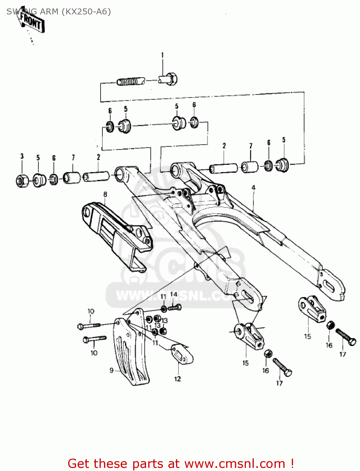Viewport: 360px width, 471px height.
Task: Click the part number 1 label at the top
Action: pyautogui.click(x=162, y=55)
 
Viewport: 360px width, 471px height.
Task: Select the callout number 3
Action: pyautogui.click(x=22, y=156)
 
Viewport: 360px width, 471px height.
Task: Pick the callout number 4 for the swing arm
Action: pyautogui.click(x=253, y=187)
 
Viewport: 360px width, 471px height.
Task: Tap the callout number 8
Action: pyautogui.click(x=105, y=194)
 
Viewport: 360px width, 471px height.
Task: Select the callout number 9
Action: pyautogui.click(x=111, y=371)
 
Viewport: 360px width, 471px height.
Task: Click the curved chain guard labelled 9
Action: pyautogui.click(x=130, y=355)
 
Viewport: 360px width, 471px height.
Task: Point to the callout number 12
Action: pyautogui.click(x=177, y=379)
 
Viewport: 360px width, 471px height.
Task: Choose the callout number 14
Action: pyautogui.click(x=174, y=295)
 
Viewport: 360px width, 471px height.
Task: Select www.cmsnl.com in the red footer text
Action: pyautogui.click(x=235, y=463)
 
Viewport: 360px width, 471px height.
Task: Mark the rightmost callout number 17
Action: pyautogui.click(x=342, y=354)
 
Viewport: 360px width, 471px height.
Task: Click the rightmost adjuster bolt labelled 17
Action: pyautogui.click(x=346, y=337)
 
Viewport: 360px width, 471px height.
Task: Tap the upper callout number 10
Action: pyautogui.click(x=91, y=311)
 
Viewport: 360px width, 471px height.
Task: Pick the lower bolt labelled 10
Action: pyautogui.click(x=94, y=339)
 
